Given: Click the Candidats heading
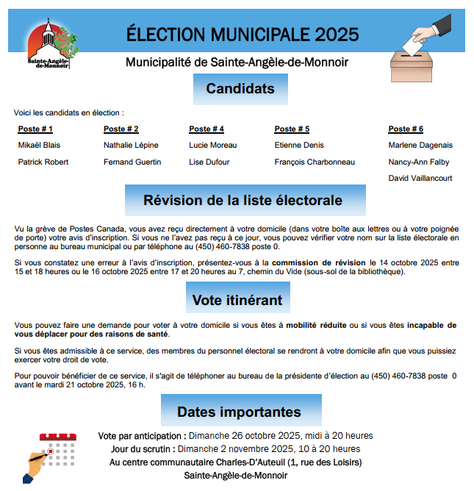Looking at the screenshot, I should point(240,89).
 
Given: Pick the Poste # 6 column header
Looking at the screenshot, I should point(406,129).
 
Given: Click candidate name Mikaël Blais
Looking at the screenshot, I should point(39,145).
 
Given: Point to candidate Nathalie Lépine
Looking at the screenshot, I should point(131,145).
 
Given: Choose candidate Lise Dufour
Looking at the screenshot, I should point(209,162).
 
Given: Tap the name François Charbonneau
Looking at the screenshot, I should point(315,162).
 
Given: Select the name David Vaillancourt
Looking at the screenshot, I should point(420,178).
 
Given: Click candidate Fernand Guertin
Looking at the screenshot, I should point(132,162).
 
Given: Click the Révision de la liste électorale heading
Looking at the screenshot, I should point(243,200).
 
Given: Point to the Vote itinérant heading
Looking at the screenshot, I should point(237,299).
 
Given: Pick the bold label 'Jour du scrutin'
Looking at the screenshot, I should point(143,449).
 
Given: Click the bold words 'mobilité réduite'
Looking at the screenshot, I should point(317,325).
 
